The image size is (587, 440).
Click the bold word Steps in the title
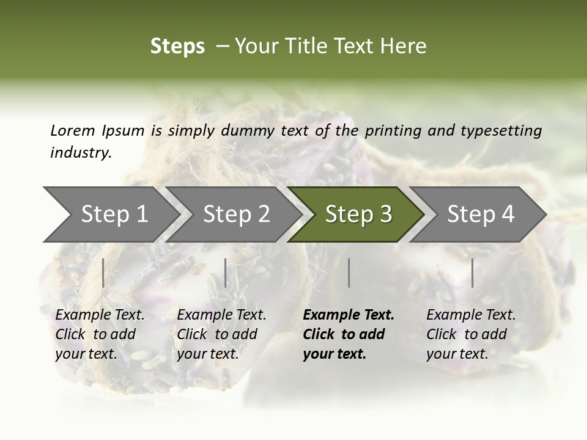click(177, 46)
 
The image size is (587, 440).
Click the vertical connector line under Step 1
click(103, 273)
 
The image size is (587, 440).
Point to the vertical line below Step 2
click(226, 273)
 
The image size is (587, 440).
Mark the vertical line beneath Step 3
click(349, 273)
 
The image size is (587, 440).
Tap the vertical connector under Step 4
click(472, 273)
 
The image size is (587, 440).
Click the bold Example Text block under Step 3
click(349, 334)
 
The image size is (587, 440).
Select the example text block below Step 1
click(100, 334)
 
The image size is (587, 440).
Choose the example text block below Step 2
click(221, 334)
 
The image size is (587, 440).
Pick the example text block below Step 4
click(471, 334)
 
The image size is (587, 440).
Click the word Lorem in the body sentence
click(72, 130)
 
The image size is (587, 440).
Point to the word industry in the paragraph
click(80, 153)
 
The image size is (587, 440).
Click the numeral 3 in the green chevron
click(385, 215)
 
